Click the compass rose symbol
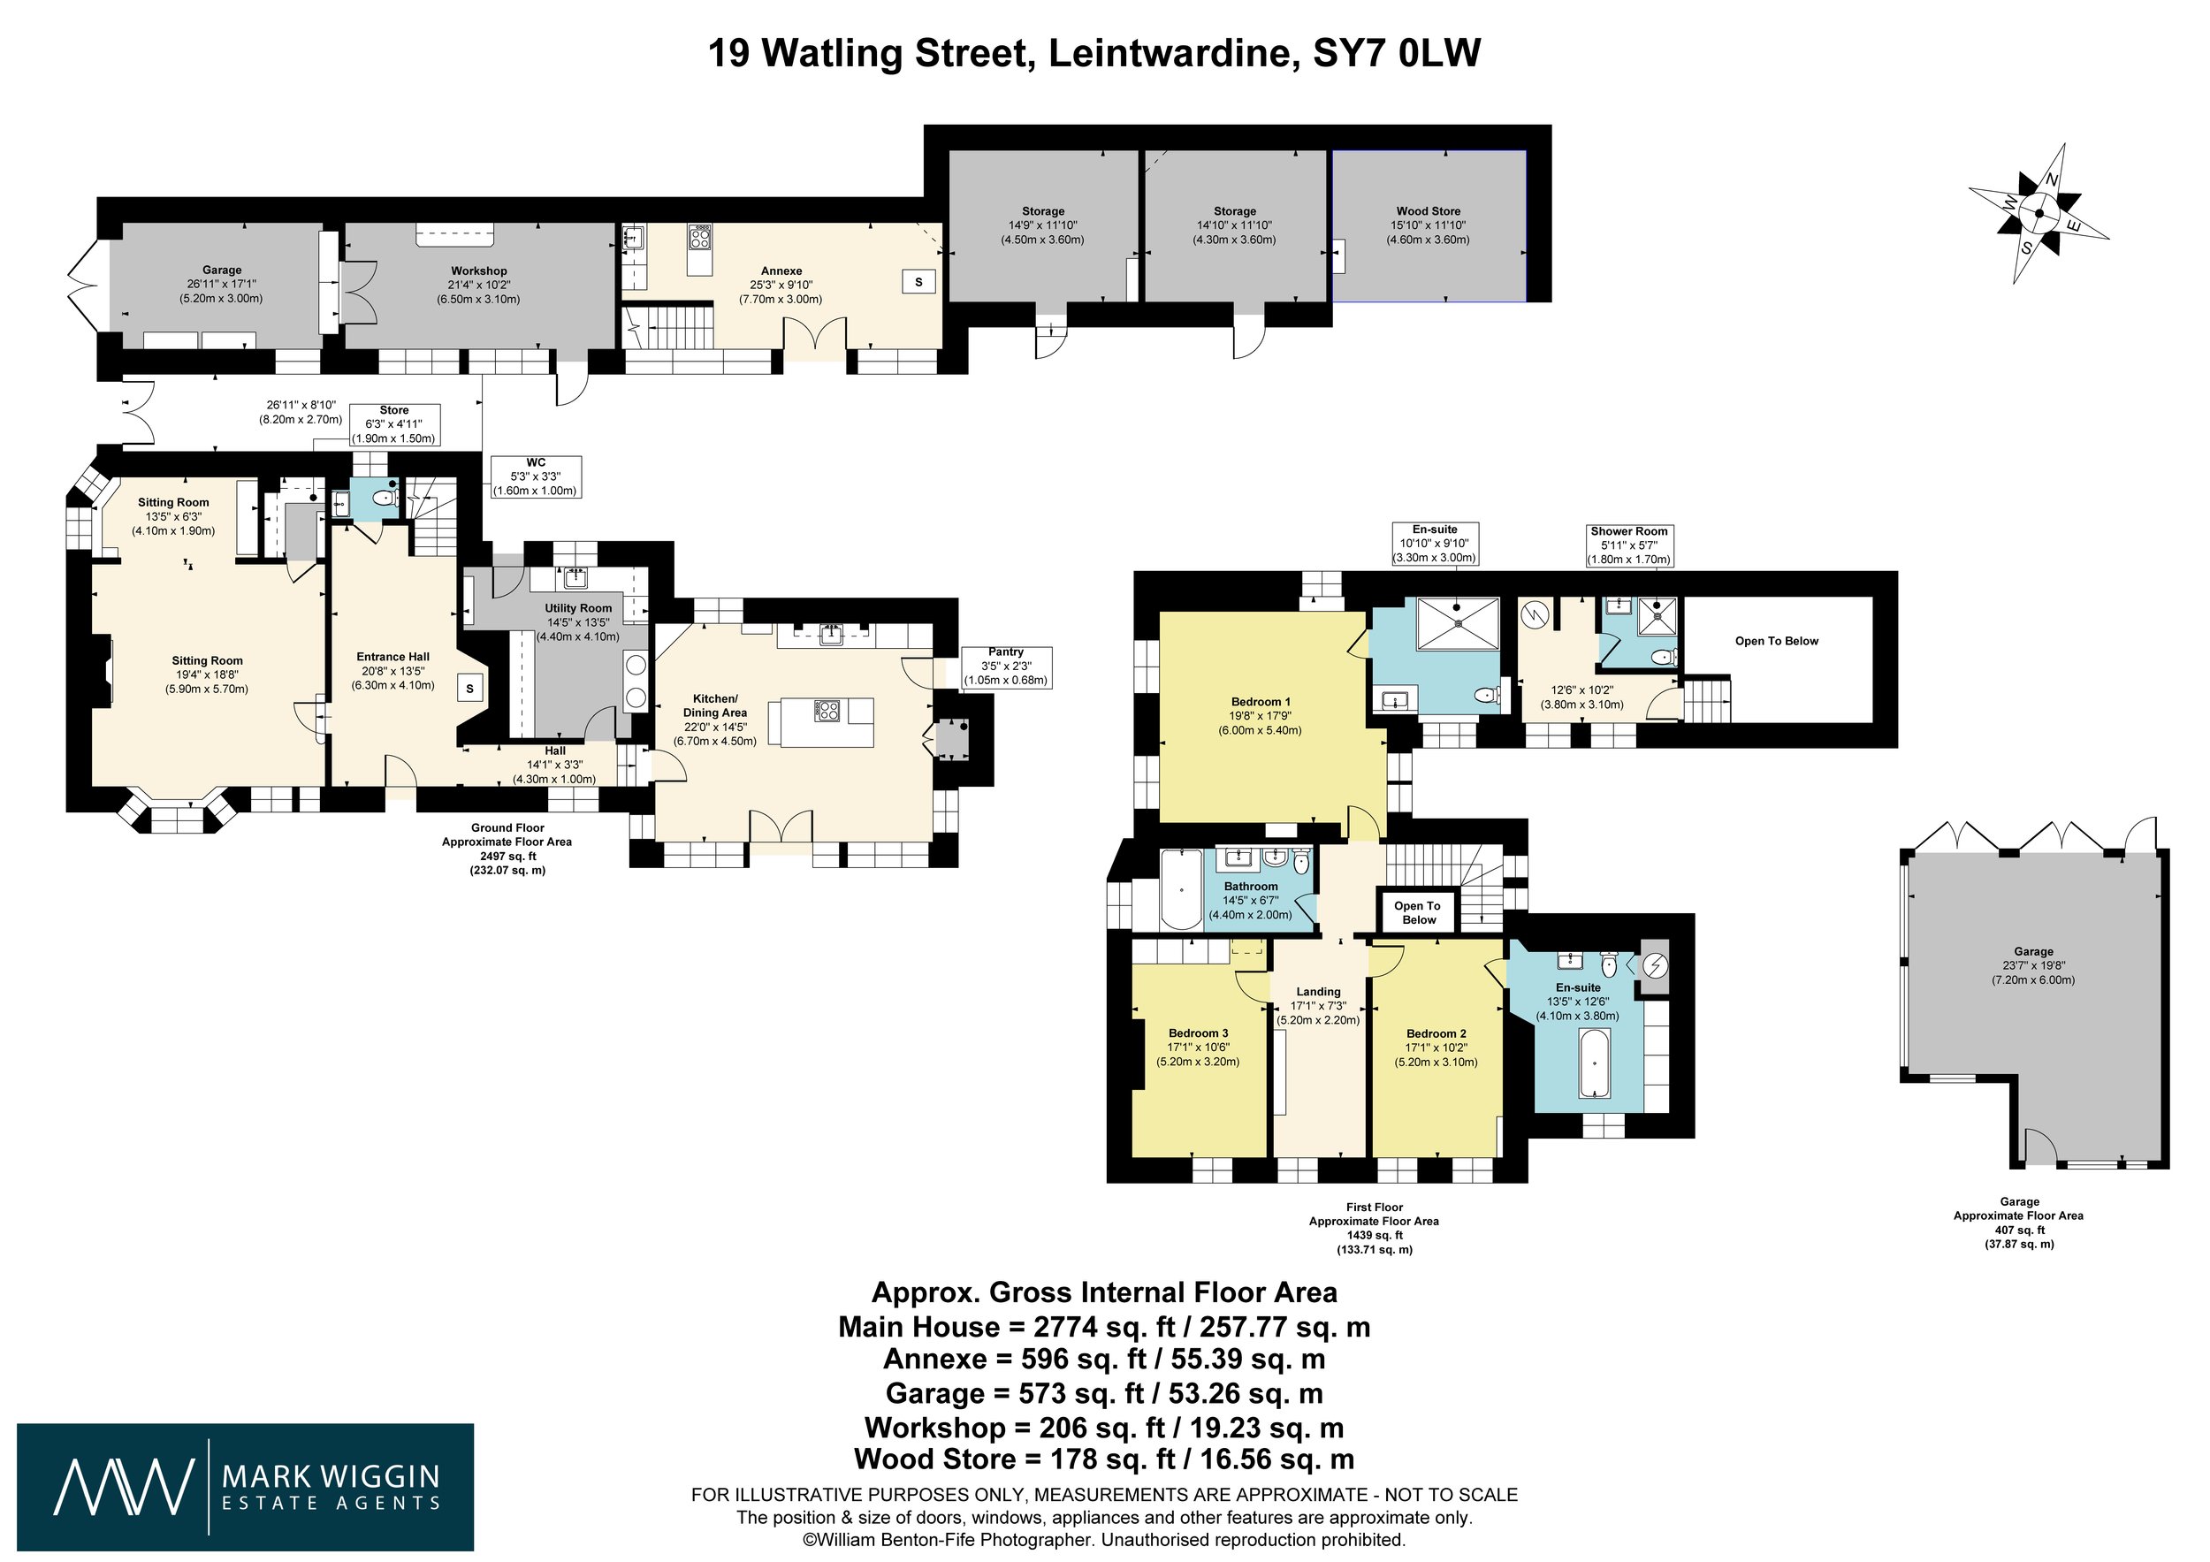pyautogui.click(x=2038, y=214)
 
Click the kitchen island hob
pyautogui.click(x=826, y=710)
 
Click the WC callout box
pyautogui.click(x=535, y=476)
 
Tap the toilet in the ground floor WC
pyautogui.click(x=384, y=499)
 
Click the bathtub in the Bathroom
pyautogui.click(x=1177, y=888)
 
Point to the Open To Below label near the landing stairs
pyautogui.click(x=1418, y=912)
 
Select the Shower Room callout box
pyautogui.click(x=1628, y=545)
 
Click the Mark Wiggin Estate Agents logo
pyautogui.click(x=246, y=1488)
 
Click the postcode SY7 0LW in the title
pyautogui.click(x=1397, y=53)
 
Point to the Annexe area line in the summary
pyautogui.click(x=1104, y=1359)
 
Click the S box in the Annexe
pyautogui.click(x=918, y=282)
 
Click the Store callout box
pyautogui.click(x=393, y=424)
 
